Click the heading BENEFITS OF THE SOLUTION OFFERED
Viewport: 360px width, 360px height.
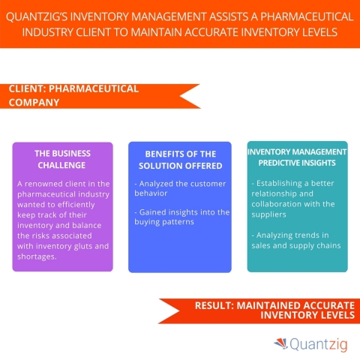pyautogui.click(x=179, y=159)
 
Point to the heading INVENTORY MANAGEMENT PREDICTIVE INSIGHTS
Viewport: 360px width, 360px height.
pyautogui.click(x=297, y=159)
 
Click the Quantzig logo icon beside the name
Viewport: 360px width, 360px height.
pyautogui.click(x=279, y=343)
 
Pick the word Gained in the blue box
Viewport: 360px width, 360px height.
pyautogui.click(x=151, y=212)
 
